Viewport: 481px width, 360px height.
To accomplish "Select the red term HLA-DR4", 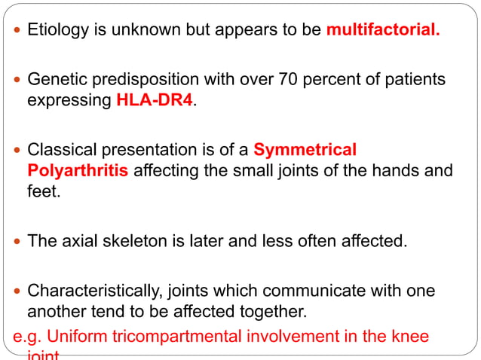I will click(155, 99).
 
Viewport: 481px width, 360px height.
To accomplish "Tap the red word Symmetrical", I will click(305, 148).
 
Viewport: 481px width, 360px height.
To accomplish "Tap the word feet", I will click(41, 194).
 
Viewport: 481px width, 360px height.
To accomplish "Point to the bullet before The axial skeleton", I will click(18, 243).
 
